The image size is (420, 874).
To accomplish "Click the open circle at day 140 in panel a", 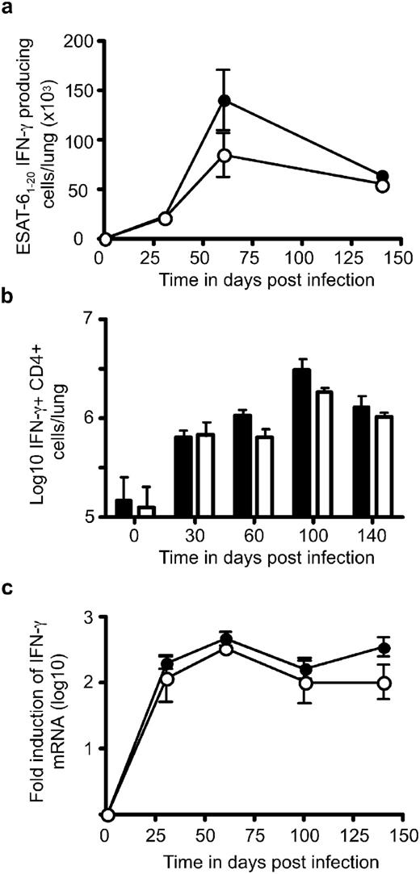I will [383, 186].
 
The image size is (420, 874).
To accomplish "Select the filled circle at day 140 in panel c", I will [384, 648].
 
